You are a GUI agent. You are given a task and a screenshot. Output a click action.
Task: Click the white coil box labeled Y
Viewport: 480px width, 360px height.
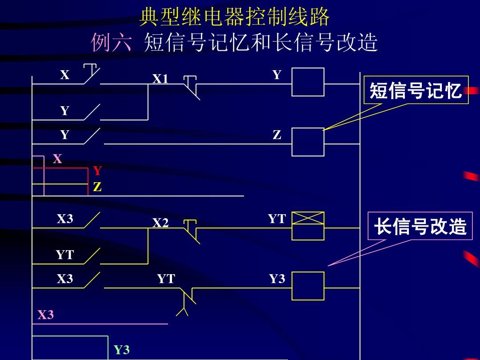[308, 82]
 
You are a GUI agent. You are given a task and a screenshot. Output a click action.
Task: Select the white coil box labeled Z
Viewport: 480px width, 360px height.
[308, 142]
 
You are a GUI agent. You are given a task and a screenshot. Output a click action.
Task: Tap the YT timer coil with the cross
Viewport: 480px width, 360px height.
[308, 226]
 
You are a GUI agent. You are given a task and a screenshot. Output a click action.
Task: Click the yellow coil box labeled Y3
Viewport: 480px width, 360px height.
[308, 286]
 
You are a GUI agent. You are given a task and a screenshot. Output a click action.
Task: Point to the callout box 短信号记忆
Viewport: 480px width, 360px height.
[416, 90]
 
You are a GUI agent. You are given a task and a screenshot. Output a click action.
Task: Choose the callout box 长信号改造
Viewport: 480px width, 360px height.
[420, 226]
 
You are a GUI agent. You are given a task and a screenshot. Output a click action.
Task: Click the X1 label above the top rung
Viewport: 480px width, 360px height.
[160, 79]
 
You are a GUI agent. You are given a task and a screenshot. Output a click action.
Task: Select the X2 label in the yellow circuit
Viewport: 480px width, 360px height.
[160, 223]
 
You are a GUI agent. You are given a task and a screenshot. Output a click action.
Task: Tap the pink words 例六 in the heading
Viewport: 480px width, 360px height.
[112, 44]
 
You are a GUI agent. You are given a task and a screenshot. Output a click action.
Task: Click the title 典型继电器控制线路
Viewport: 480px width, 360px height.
[235, 18]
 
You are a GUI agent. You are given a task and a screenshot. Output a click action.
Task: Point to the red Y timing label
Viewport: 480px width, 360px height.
[97, 171]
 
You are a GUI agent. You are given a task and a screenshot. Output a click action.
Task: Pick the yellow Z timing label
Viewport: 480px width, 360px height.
[97, 188]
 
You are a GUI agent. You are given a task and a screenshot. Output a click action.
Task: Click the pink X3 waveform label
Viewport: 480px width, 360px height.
[45, 315]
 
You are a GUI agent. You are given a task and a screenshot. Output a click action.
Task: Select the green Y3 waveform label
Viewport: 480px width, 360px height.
[121, 350]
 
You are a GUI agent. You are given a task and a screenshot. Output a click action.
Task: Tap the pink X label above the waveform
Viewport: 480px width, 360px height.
[57, 159]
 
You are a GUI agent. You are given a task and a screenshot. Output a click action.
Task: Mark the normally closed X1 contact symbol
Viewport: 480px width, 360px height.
[191, 87]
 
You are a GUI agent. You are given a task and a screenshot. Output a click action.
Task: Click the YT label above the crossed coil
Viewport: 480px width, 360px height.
[276, 219]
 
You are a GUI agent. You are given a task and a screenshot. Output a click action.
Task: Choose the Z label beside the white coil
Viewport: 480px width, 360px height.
[277, 135]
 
